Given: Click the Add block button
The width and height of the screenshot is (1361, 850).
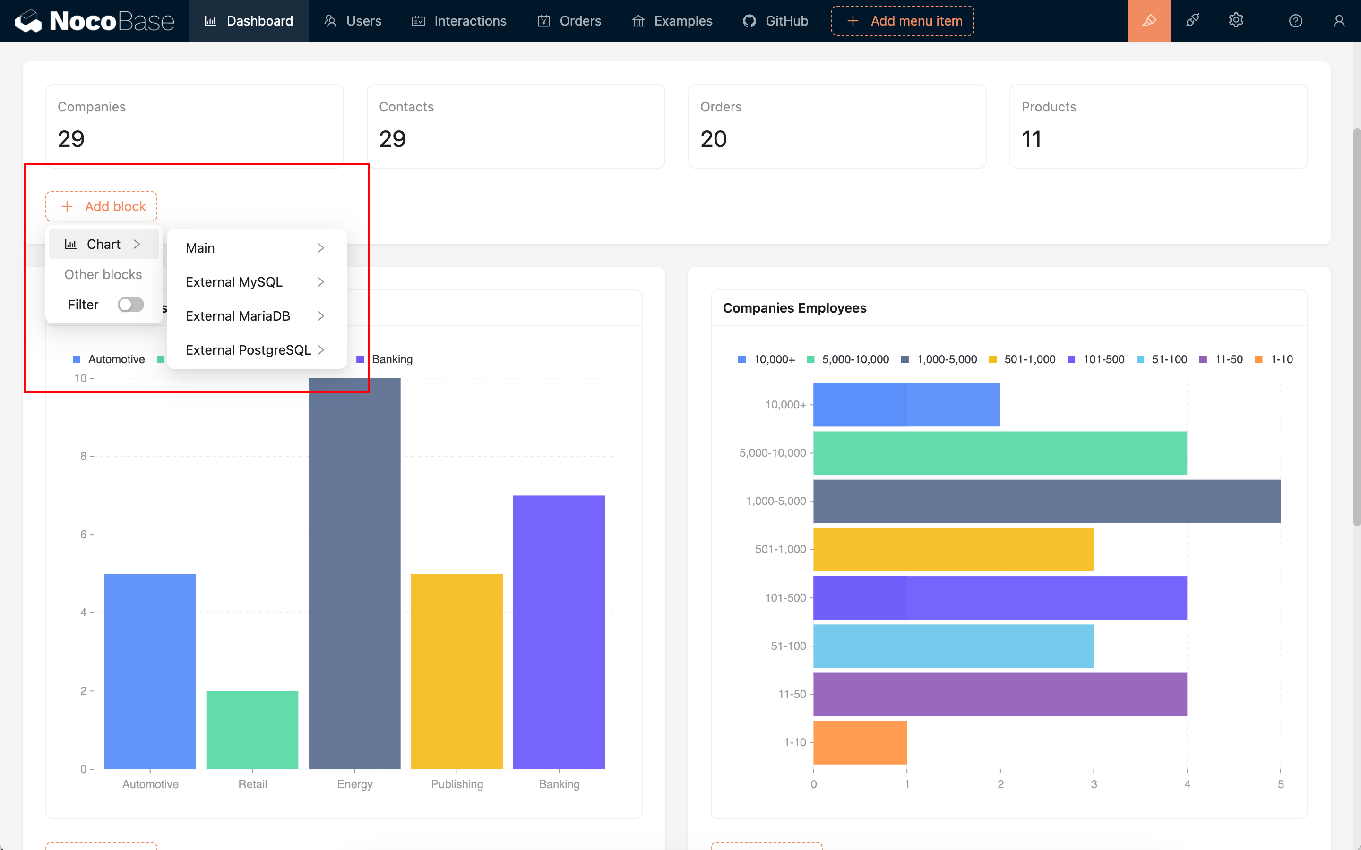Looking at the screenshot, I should coord(101,206).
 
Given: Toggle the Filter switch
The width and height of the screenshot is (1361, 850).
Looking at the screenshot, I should coord(130,305).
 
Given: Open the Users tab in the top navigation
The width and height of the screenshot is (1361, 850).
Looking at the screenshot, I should coord(353,21).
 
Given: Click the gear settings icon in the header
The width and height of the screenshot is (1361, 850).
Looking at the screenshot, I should coord(1236,21).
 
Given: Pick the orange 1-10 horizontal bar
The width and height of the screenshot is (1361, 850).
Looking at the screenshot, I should coord(859,742).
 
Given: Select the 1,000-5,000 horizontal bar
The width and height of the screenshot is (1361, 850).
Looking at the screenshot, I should coord(1046,501).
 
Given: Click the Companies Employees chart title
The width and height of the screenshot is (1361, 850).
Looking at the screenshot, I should coord(794,308).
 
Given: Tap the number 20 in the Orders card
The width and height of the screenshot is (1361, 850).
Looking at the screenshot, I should coord(713,139).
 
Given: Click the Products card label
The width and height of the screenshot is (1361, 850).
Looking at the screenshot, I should coord(1048,107).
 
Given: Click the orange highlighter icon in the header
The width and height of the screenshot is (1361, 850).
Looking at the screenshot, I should coord(1148,21).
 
